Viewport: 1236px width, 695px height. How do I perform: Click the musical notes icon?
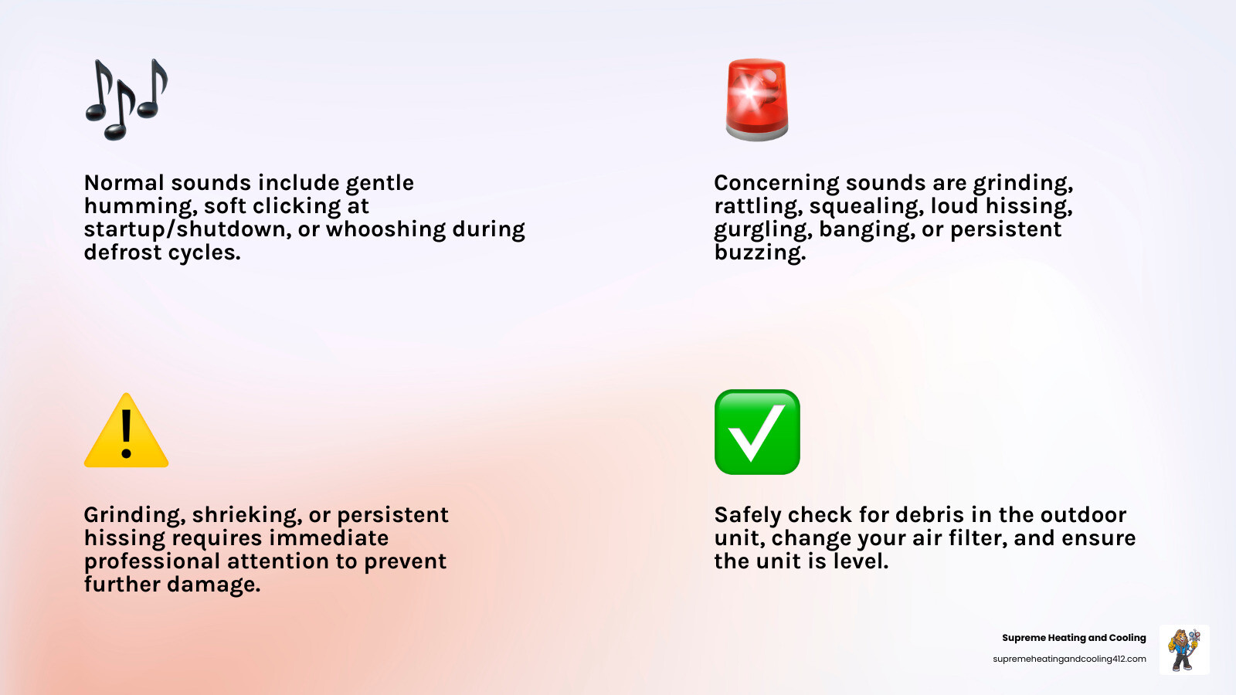pyautogui.click(x=126, y=99)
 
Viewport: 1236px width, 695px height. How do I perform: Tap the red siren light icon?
pyautogui.click(x=757, y=99)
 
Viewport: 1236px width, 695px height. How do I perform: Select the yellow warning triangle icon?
pyautogui.click(x=126, y=431)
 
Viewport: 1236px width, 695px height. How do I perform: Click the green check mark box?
pyautogui.click(x=757, y=432)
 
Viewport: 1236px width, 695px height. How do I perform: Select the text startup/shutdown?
pyautogui.click(x=188, y=230)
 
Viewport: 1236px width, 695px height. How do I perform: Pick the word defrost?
pyautogui.click(x=126, y=253)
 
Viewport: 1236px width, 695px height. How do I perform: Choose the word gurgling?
pyautogui.click(x=762, y=230)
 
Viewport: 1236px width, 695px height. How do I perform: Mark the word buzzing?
pyautogui.click(x=760, y=253)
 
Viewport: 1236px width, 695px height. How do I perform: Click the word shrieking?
pyautogui.click(x=246, y=515)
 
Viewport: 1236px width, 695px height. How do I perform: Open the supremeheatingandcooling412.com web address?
pyautogui.click(x=1069, y=659)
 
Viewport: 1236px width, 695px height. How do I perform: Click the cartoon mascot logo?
pyautogui.click(x=1184, y=649)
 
